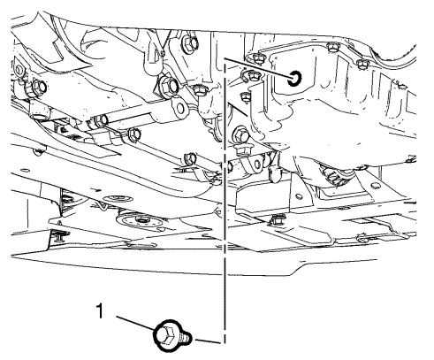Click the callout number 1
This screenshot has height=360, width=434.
tap(100, 311)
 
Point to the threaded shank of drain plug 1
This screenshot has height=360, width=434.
tap(185, 338)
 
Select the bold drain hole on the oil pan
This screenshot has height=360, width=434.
tap(295, 79)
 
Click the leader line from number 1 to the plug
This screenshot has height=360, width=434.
tap(136, 324)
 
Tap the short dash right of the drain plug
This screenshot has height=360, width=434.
tap(208, 341)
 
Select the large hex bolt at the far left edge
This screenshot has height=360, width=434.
tap(39, 88)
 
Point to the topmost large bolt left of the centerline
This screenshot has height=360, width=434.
tap(190, 43)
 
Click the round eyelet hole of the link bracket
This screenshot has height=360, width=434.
tap(180, 109)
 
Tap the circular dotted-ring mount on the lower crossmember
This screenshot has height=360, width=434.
tap(139, 220)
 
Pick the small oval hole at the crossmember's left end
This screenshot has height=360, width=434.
tap(26, 170)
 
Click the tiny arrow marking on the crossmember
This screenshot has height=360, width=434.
tap(95, 188)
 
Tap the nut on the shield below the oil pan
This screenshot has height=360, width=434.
tap(277, 219)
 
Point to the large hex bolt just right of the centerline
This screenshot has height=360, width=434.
tap(241, 135)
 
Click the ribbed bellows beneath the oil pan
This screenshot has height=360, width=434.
tap(332, 175)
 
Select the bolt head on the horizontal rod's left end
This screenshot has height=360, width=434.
tap(101, 121)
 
